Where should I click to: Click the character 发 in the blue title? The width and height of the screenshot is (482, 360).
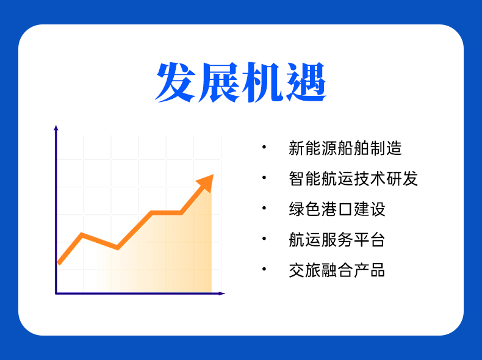(x=176, y=82)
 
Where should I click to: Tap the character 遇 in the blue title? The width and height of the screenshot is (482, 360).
(x=306, y=82)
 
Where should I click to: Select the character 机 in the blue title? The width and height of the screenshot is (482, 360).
(x=262, y=82)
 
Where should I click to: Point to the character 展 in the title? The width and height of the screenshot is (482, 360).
(x=219, y=82)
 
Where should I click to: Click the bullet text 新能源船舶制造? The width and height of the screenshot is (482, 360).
(x=345, y=148)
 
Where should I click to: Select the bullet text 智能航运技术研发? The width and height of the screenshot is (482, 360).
(x=353, y=178)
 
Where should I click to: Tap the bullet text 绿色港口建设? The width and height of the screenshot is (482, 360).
(x=337, y=209)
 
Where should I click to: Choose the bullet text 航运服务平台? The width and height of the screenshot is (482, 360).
(x=337, y=239)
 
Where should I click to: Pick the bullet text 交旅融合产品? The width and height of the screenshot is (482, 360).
(x=337, y=270)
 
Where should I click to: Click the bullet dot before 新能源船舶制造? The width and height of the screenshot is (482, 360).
(x=264, y=147)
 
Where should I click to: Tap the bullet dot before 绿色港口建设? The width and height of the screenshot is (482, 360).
(x=264, y=208)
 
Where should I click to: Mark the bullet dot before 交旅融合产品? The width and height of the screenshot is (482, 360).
(x=264, y=269)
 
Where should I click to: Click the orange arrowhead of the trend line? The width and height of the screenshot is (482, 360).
(x=206, y=182)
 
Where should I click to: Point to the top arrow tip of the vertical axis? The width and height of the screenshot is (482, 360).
(x=56, y=126)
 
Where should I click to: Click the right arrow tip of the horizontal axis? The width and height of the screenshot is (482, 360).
(x=225, y=293)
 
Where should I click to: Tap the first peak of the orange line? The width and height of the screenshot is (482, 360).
(x=82, y=235)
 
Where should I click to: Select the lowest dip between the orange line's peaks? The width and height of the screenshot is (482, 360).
(x=117, y=247)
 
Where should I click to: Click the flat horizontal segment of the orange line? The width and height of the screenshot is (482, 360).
(x=167, y=213)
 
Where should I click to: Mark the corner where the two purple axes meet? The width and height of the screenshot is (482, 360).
(x=56, y=293)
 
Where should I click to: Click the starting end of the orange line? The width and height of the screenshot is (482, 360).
(x=59, y=263)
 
